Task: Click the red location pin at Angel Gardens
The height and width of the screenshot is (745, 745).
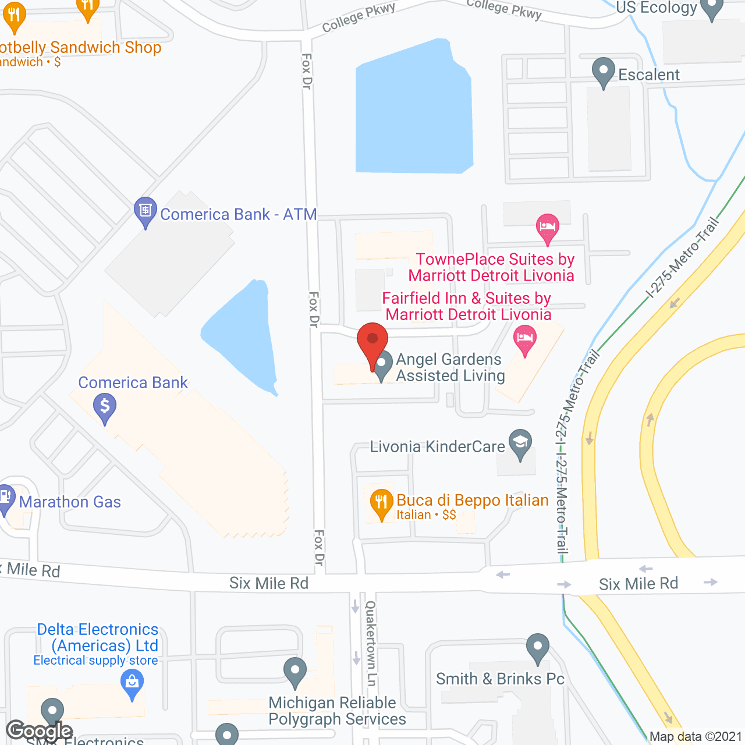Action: [372, 344]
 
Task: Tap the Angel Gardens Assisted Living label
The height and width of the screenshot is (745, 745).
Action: [450, 368]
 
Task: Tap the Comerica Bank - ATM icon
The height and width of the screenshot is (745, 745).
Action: [145, 211]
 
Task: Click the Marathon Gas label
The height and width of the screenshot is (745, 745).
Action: [70, 502]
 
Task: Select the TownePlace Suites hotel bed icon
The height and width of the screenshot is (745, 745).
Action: [547, 227]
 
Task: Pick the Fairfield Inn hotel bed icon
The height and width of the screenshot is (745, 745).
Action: [525, 339]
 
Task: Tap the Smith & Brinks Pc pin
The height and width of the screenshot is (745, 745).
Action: [538, 647]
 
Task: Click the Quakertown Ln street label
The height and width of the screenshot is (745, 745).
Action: [371, 644]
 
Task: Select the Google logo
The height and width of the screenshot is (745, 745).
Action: [39, 731]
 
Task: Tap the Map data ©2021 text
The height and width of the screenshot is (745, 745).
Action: [696, 737]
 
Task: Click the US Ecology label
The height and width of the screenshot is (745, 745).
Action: [656, 8]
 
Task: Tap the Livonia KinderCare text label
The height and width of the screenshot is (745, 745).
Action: [438, 447]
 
